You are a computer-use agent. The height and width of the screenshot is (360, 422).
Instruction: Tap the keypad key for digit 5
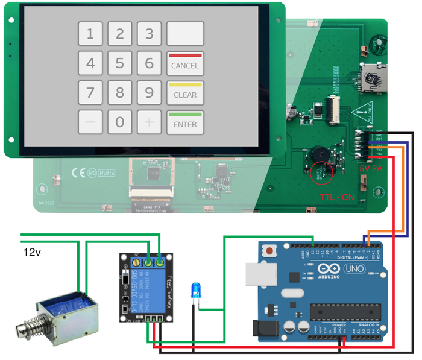tap(120, 63)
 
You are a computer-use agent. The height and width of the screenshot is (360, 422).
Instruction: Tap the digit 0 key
tap(120, 122)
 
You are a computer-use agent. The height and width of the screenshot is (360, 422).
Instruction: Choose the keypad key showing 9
tap(149, 93)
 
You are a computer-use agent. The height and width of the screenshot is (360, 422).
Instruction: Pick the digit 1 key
tap(90, 34)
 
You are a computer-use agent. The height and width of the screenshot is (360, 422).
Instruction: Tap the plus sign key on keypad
tap(149, 122)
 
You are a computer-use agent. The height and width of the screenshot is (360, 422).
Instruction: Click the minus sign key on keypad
tap(90, 122)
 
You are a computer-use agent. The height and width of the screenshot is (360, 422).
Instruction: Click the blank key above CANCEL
tap(185, 34)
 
